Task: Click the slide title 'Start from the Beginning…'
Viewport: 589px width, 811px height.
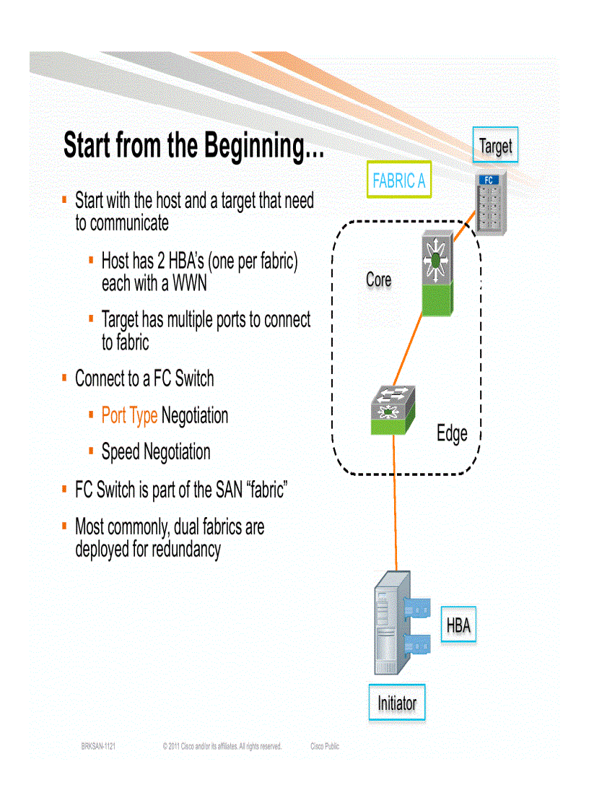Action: pyautogui.click(x=193, y=146)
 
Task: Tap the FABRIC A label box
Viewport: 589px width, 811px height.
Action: pyautogui.click(x=398, y=181)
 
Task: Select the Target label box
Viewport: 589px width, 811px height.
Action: pyautogui.click(x=495, y=147)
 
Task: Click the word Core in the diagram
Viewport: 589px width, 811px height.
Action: pyautogui.click(x=378, y=279)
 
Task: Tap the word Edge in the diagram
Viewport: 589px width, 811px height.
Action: pyautogui.click(x=452, y=433)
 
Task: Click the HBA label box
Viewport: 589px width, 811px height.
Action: pyautogui.click(x=458, y=625)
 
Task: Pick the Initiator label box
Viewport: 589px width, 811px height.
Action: pyautogui.click(x=397, y=703)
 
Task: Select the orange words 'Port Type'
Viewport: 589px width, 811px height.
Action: pyautogui.click(x=129, y=416)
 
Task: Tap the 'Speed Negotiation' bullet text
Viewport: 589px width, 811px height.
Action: pyautogui.click(x=156, y=453)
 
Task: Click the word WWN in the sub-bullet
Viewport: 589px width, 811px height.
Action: pyautogui.click(x=189, y=283)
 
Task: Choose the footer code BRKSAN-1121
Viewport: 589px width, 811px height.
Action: pyautogui.click(x=98, y=747)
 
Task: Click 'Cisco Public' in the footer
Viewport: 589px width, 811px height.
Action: pyautogui.click(x=324, y=747)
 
